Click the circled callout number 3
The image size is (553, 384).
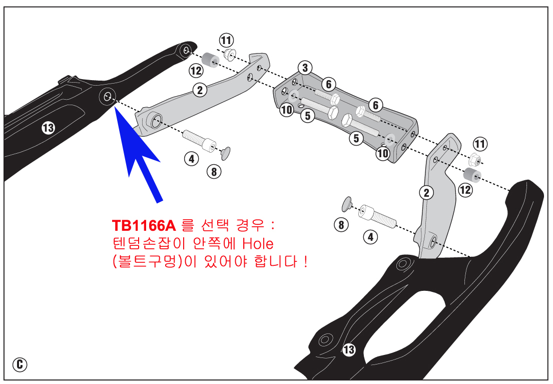[305, 68]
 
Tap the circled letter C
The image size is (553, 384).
[20, 364]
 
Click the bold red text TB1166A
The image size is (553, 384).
[144, 225]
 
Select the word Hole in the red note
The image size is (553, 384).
[258, 243]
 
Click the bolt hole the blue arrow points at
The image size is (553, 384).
[107, 96]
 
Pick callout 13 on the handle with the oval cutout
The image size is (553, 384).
[349, 349]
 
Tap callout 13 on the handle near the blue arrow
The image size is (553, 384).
[49, 127]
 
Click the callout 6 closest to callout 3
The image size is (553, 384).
[329, 84]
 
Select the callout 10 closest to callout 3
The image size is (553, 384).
[287, 110]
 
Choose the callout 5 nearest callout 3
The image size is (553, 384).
[308, 116]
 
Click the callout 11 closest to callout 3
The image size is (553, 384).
[226, 40]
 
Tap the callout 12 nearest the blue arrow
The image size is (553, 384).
[196, 71]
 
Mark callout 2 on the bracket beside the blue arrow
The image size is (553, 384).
[200, 90]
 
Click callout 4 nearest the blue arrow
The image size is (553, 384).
[192, 159]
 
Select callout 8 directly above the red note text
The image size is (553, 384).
[214, 172]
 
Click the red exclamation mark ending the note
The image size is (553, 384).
[305, 261]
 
